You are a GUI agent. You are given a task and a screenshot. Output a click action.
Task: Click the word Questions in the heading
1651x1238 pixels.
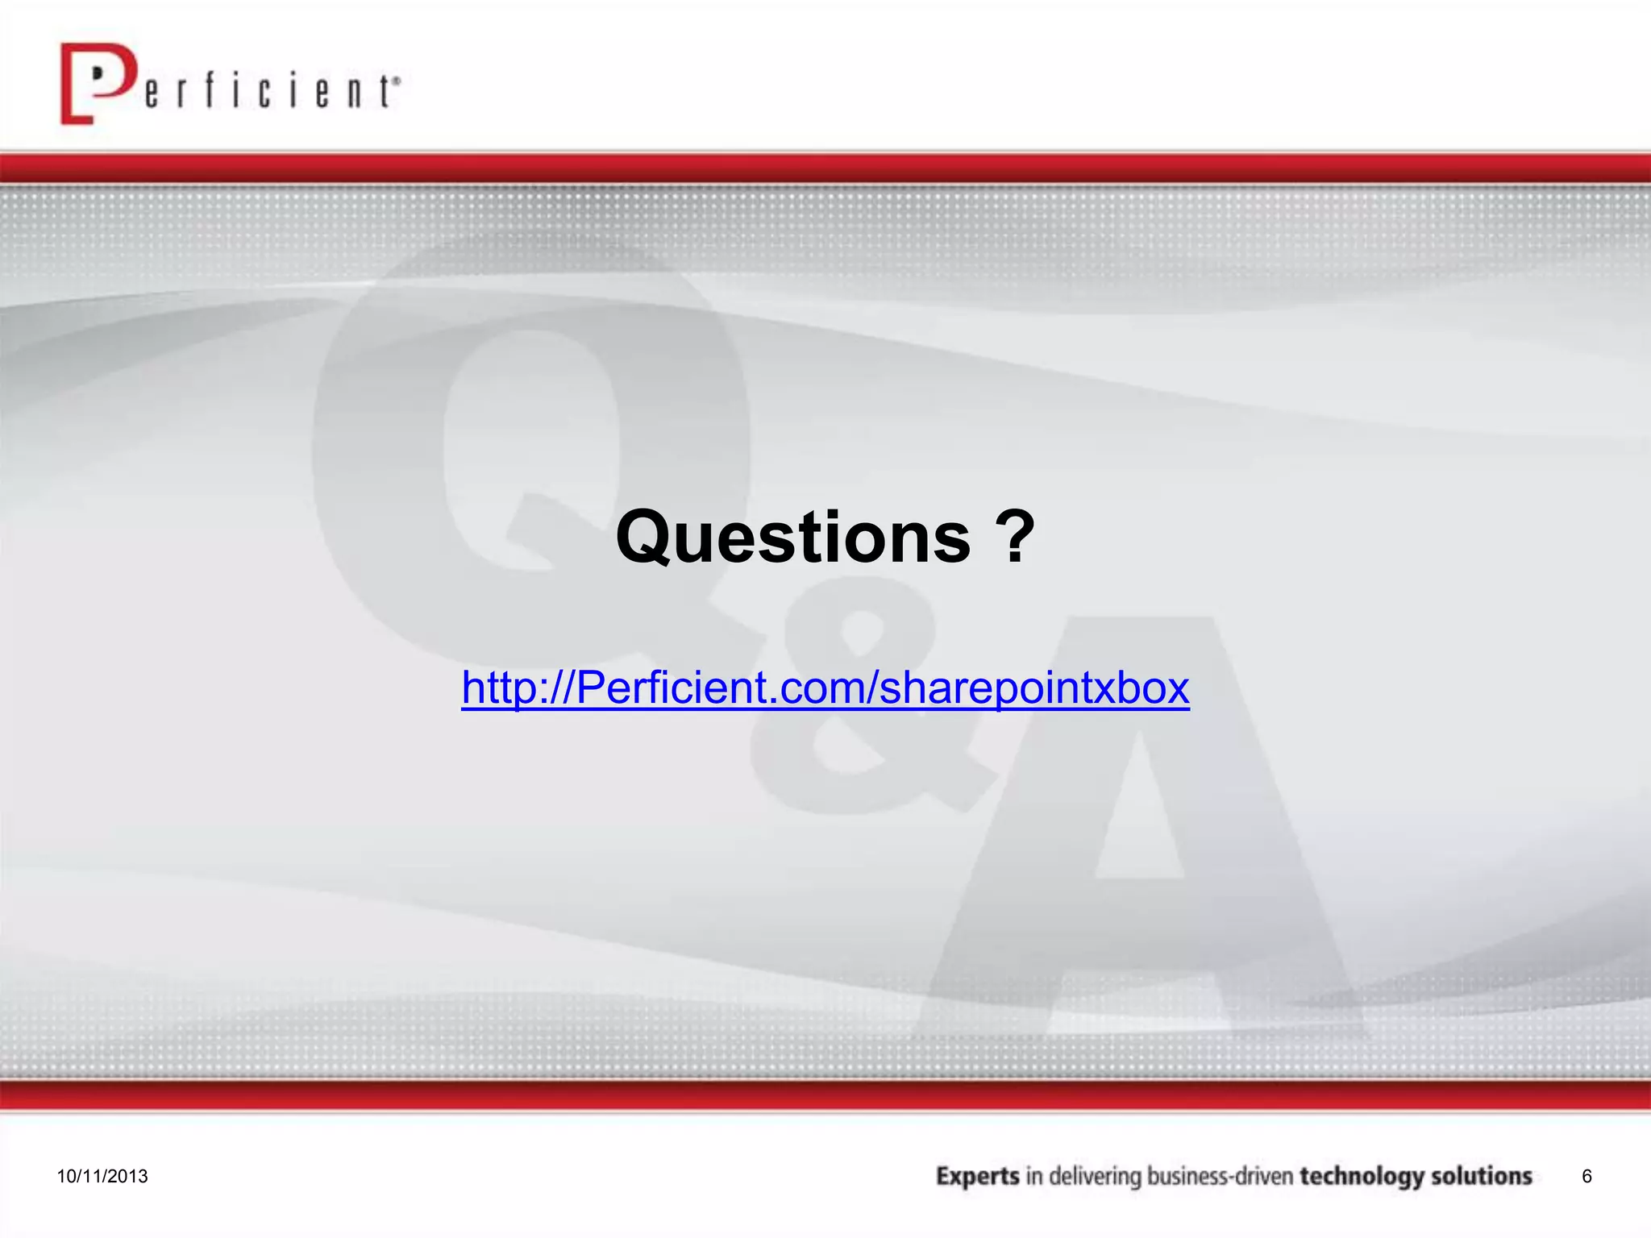(793, 537)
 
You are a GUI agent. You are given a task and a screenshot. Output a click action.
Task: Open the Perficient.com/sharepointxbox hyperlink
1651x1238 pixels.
(825, 688)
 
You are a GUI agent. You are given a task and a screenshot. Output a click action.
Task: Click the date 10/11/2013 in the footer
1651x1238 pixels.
(102, 1176)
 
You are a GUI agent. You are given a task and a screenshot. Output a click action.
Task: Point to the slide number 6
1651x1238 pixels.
(1587, 1176)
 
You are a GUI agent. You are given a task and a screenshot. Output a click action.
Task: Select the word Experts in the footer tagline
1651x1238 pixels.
(978, 1177)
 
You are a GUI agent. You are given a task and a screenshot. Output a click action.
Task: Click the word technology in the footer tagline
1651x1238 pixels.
(1362, 1177)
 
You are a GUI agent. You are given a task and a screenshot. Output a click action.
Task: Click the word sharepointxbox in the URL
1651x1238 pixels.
(1034, 688)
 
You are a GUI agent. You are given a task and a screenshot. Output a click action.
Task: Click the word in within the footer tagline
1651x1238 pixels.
(1034, 1177)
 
